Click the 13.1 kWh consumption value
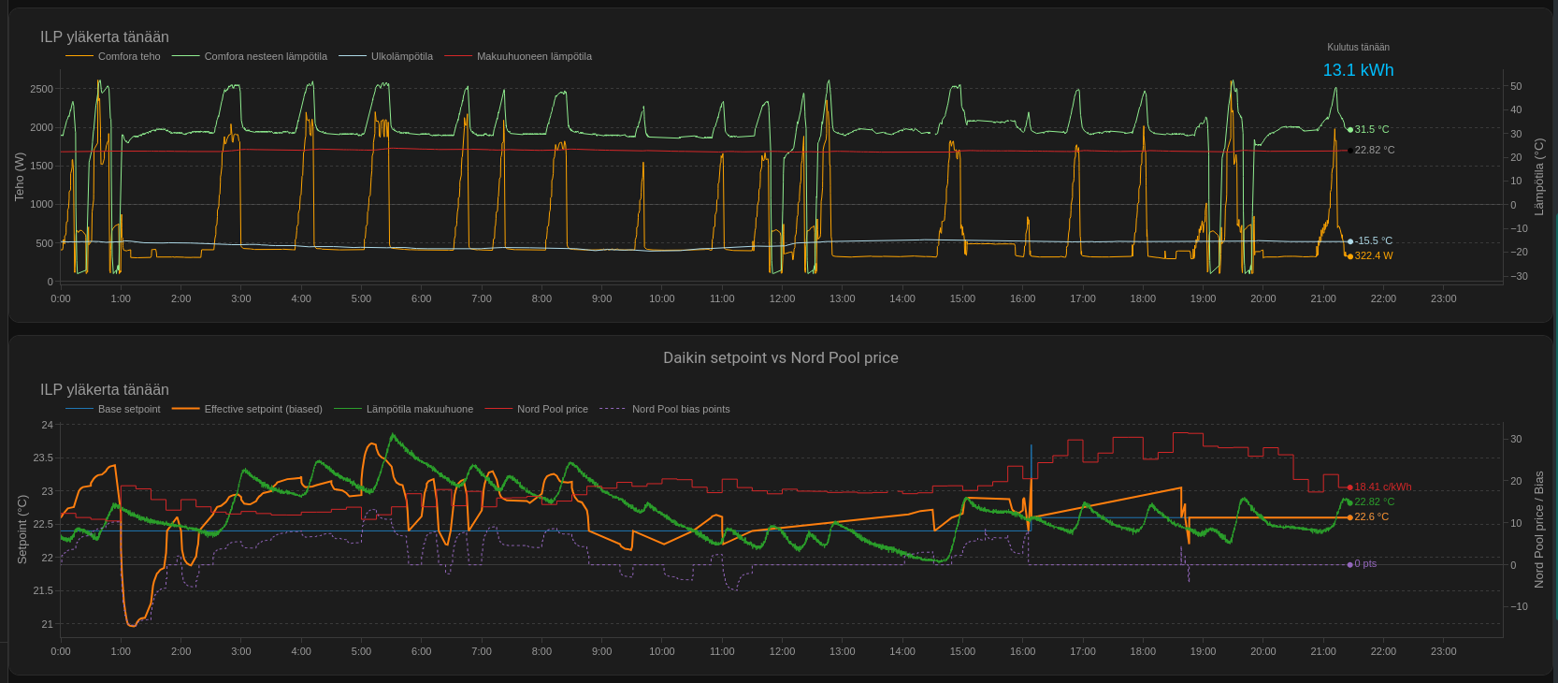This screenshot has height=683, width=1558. [x=1358, y=70]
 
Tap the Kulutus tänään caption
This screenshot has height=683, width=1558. [x=1358, y=48]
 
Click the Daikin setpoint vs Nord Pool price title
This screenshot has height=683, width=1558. [x=780, y=357]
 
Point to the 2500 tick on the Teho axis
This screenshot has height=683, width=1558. [x=42, y=89]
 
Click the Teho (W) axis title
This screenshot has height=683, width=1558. [x=20, y=177]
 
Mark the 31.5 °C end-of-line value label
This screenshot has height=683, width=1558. [x=1371, y=129]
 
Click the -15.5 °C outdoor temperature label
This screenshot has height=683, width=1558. [x=1373, y=241]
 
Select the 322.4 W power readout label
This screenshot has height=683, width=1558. [x=1373, y=256]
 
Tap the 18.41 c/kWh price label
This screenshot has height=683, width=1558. [x=1383, y=487]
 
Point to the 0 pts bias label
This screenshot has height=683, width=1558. [x=1365, y=564]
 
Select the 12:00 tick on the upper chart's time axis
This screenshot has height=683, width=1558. [x=782, y=299]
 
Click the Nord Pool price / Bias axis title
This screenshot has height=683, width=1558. [x=1538, y=530]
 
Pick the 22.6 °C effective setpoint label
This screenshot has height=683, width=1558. [x=1371, y=517]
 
